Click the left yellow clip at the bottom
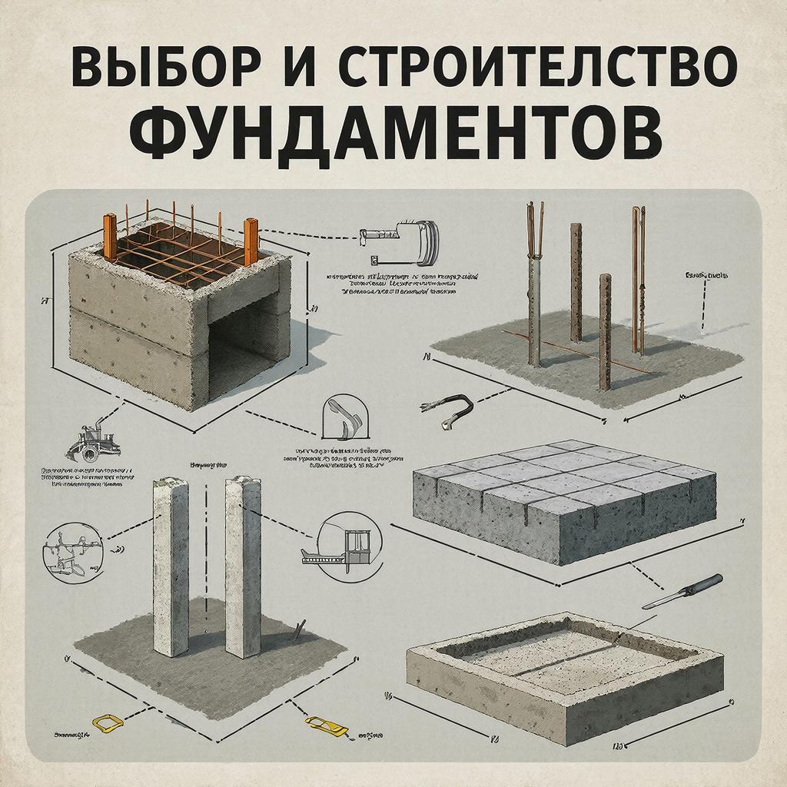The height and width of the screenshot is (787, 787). pyautogui.click(x=107, y=722)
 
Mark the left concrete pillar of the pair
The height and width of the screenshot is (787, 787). pyautogui.click(x=170, y=565)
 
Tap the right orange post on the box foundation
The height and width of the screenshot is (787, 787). pyautogui.click(x=251, y=243)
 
